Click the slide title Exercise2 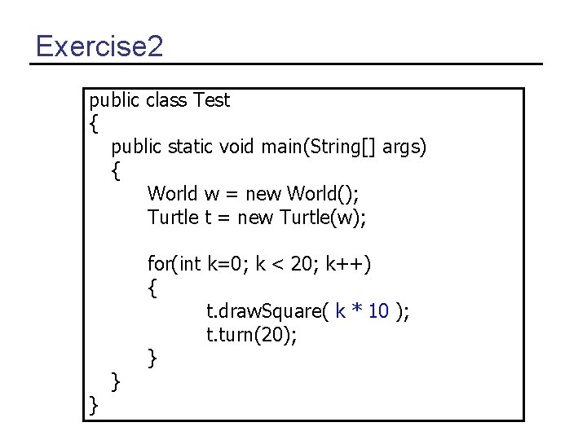[x=99, y=46]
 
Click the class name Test [x=211, y=100]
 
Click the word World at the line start [x=172, y=194]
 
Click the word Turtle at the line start [x=173, y=218]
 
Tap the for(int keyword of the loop [x=174, y=264]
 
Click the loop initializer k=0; [x=228, y=264]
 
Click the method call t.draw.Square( [x=267, y=311]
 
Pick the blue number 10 [x=378, y=311]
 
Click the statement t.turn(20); [x=251, y=334]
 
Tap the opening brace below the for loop [x=152, y=288]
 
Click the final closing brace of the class [x=93, y=404]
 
